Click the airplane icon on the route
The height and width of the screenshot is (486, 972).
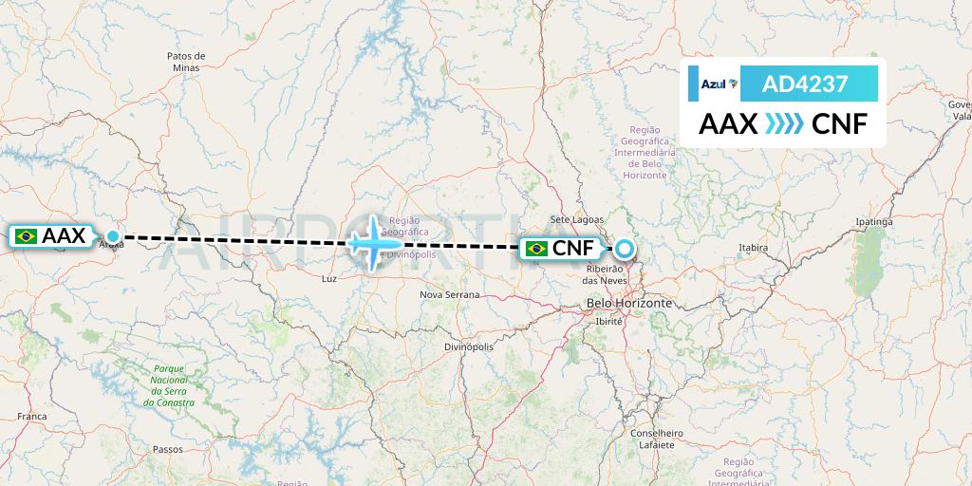click(x=372, y=242)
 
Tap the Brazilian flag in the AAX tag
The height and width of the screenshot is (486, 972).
click(x=27, y=235)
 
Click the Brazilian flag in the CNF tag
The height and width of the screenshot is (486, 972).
click(x=536, y=249)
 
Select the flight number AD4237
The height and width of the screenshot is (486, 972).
click(x=805, y=84)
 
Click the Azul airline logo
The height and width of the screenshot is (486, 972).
click(x=718, y=84)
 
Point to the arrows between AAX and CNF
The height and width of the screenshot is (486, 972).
click(x=784, y=124)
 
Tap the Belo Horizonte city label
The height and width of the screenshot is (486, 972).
click(x=629, y=303)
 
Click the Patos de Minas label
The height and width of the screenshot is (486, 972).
click(x=186, y=62)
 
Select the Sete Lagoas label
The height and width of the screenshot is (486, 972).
click(x=576, y=219)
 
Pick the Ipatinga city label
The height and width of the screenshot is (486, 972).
click(x=874, y=222)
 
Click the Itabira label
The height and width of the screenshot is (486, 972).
click(x=753, y=248)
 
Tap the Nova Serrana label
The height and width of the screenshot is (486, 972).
click(x=450, y=295)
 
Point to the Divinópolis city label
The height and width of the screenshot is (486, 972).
click(x=469, y=347)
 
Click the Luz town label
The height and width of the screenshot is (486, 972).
click(x=329, y=280)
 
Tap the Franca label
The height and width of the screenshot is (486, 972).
click(x=31, y=417)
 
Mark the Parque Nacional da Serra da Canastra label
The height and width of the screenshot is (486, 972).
click(x=168, y=385)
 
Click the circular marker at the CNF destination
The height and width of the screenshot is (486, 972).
click(x=624, y=249)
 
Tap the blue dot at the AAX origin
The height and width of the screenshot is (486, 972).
click(x=113, y=235)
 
